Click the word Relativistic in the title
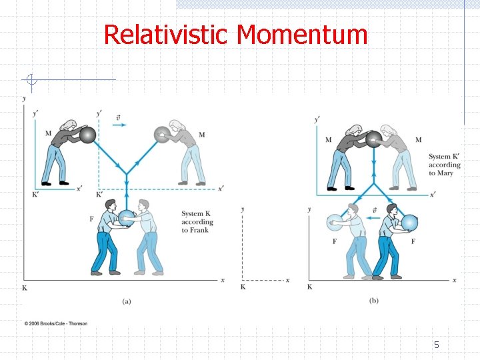coord(167,35)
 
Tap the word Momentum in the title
coord(302,35)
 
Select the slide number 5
coord(437,345)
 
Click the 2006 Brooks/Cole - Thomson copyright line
coord(56,323)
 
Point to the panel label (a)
coord(127,301)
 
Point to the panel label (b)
coord(374,301)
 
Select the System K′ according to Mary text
coord(445,165)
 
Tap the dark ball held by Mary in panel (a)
coord(88,135)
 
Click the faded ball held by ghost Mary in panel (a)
coord(162,135)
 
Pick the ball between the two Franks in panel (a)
coord(126,217)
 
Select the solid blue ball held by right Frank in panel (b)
coord(409,223)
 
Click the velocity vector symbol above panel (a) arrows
coord(118,117)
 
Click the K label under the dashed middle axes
coord(243,287)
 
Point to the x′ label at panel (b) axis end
coord(433,194)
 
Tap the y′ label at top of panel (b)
coord(316,120)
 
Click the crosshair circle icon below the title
coord(31,81)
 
